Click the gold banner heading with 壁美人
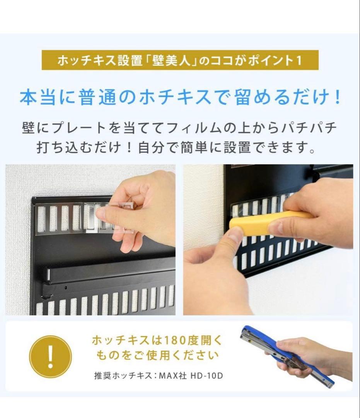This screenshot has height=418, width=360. click(180, 61)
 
